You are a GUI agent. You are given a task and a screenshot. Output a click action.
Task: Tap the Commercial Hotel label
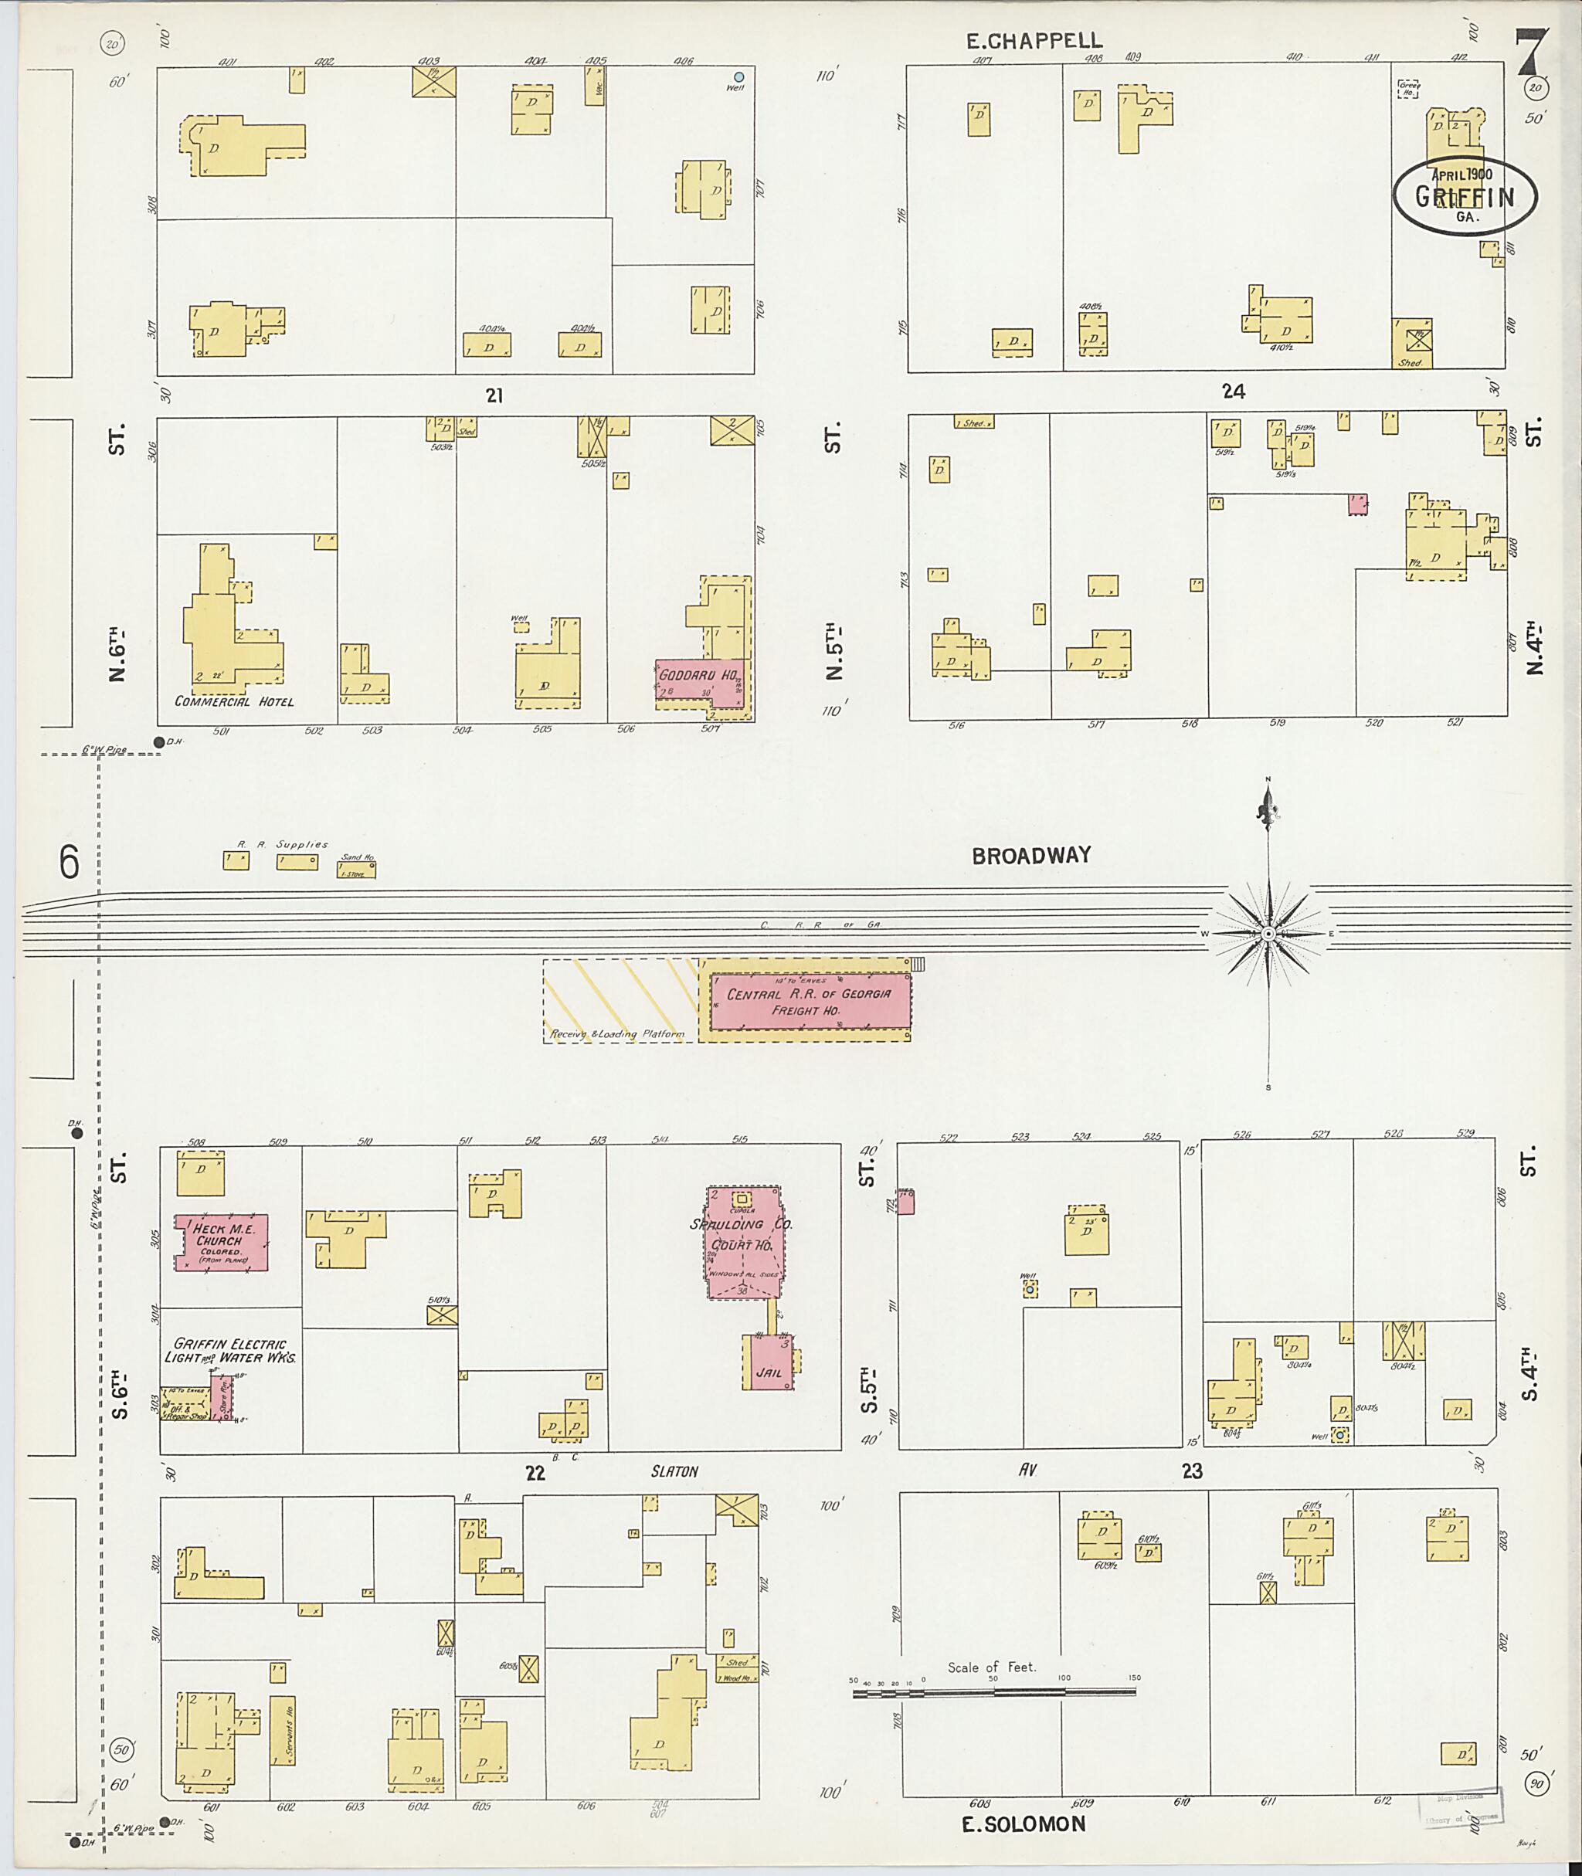click(x=234, y=701)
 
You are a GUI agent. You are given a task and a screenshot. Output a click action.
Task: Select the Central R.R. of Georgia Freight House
click(x=809, y=1002)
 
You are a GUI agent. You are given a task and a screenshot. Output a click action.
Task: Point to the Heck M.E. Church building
click(x=221, y=1242)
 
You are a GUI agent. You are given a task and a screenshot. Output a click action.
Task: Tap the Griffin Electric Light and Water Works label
click(x=229, y=1351)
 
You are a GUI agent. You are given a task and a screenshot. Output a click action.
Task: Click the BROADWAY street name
click(x=1031, y=856)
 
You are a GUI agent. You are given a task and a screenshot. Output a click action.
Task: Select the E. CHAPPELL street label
click(x=1033, y=40)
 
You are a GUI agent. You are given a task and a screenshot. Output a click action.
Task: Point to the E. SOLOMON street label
click(x=1024, y=1824)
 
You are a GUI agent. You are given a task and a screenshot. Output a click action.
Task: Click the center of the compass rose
click(x=1268, y=935)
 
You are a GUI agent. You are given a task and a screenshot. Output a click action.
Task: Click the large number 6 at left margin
click(x=69, y=863)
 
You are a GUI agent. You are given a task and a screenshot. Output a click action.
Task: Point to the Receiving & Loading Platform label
click(x=617, y=1034)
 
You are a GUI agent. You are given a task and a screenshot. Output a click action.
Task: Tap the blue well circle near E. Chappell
click(x=739, y=77)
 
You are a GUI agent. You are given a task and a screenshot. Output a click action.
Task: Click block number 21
click(x=494, y=395)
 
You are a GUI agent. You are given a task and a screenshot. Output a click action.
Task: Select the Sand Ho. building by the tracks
click(x=356, y=869)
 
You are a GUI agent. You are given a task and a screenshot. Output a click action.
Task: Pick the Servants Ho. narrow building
click(x=283, y=1731)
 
